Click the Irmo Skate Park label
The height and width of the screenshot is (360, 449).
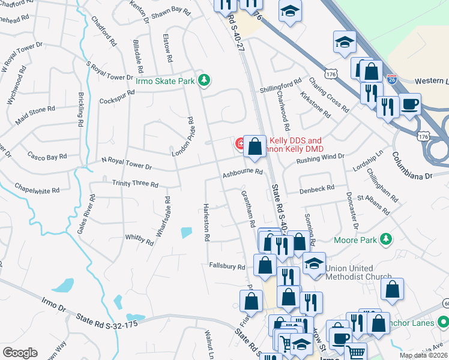166,80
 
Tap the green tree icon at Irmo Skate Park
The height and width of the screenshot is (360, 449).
205,80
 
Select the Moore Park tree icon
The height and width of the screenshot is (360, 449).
387,240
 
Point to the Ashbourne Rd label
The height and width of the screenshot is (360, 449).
243,172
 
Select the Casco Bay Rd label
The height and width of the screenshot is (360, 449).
47,156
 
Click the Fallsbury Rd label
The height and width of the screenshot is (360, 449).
228,266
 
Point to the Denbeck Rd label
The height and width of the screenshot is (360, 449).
318,188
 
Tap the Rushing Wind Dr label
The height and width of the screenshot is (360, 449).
321,158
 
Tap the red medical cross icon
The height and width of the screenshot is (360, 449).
240,144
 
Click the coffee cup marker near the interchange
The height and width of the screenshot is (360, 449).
410,104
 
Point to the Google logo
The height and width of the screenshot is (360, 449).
20,353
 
